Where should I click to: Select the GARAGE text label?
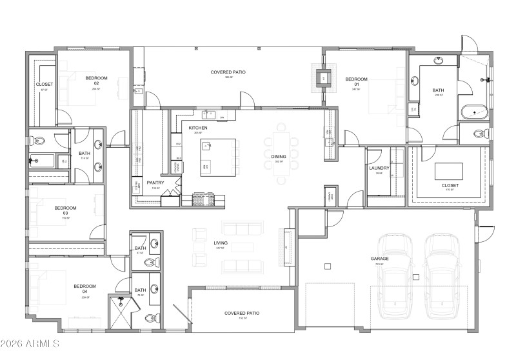[x=379, y=259]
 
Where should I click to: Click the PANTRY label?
[x=155, y=183]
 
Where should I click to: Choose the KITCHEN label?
[x=198, y=128]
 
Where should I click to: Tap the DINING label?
[x=279, y=157]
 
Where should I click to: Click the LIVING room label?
[x=221, y=243]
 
